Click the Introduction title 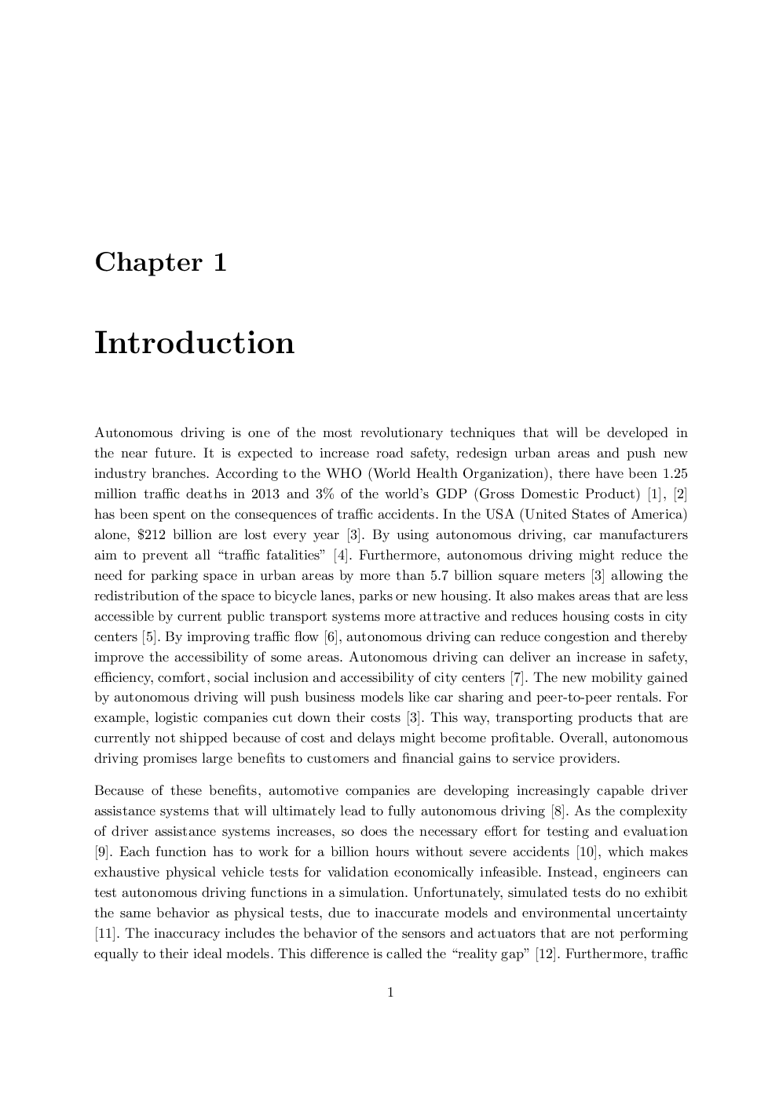pos(194,343)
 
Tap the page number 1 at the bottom pos(390,993)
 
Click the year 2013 pos(262,494)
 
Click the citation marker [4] pos(341,555)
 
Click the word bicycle pos(295,596)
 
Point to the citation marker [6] pos(331,636)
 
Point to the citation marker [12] pos(547,953)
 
